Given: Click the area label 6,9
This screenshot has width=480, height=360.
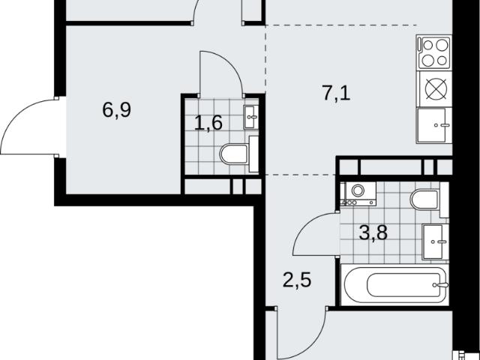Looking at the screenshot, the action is [117, 110].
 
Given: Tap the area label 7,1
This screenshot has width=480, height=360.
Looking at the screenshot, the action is [336, 93].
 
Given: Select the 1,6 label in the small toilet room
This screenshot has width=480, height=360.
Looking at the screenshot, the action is [208, 123].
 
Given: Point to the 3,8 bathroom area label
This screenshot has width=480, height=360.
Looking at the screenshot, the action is [373, 232].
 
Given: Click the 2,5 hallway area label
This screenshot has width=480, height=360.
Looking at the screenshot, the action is [297, 280].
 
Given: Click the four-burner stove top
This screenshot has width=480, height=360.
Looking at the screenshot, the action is [434, 52].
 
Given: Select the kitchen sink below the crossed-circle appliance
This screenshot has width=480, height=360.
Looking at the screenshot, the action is [434, 125].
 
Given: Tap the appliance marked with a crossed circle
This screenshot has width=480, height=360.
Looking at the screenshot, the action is [436, 89].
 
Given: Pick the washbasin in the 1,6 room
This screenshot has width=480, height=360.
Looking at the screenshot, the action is [251, 117].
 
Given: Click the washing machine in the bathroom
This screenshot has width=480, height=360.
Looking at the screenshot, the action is [358, 193].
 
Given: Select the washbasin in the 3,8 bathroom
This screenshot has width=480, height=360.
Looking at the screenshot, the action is [435, 241].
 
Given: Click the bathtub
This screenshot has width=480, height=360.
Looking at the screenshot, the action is [395, 285].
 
